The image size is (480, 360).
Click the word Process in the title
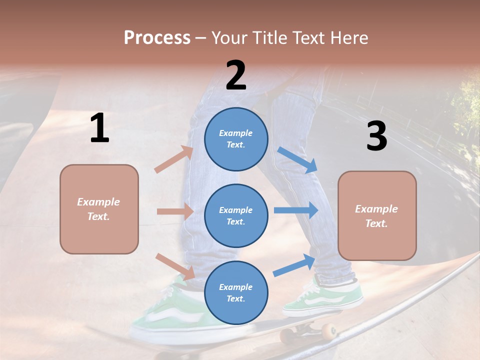(157, 38)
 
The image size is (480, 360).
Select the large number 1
(99, 128)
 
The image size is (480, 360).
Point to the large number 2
(236, 75)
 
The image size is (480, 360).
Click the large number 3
(376, 136)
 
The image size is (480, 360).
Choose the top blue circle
(236, 139)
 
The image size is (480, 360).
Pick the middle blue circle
(236, 215)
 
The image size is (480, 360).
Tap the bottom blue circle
(236, 292)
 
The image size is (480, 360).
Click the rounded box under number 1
(99, 209)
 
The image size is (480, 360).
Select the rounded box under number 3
(377, 216)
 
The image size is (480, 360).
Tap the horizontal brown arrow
(175, 211)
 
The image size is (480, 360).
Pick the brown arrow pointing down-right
(175, 266)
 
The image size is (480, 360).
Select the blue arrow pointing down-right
(297, 160)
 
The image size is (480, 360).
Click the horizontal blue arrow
(295, 210)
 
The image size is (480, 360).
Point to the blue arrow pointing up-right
(294, 265)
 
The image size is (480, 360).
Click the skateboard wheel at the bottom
(328, 330)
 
